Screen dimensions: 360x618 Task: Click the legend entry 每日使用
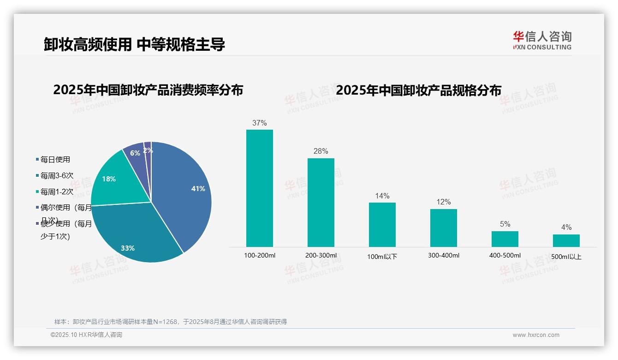click(55, 160)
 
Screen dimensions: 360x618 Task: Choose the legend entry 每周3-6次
click(56, 175)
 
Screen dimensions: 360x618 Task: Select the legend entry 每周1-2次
click(56, 192)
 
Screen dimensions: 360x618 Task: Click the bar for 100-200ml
click(259, 189)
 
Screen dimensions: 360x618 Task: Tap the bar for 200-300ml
click(321, 203)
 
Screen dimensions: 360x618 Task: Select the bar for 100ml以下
click(382, 225)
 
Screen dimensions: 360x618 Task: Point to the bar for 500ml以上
click(566, 240)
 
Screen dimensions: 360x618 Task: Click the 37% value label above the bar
click(259, 123)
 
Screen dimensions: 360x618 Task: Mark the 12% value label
click(443, 202)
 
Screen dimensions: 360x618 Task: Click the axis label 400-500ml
click(505, 256)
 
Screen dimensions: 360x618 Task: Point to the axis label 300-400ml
click(443, 256)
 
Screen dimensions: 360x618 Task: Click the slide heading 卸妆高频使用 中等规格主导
click(134, 45)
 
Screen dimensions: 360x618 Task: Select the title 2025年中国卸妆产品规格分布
click(418, 90)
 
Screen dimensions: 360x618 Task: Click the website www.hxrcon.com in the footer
click(536, 335)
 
